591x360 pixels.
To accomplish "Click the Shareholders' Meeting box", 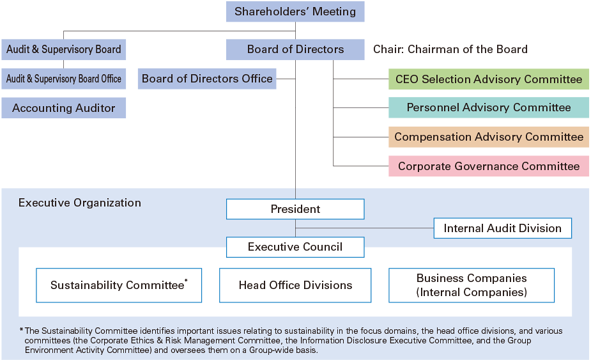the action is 295,12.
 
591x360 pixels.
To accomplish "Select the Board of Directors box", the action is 295,49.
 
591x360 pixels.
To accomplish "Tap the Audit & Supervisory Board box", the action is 63,49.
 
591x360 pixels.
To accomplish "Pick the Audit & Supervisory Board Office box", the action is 63,79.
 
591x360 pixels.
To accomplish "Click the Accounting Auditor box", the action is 63,108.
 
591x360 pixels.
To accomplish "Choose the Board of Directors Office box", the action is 207,79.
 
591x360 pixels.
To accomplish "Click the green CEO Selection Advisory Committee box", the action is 489,79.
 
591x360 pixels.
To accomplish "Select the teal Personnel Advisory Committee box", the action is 489,107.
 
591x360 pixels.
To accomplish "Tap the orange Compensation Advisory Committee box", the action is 489,137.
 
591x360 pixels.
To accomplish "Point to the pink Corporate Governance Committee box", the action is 489,166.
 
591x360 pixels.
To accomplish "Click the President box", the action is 295,209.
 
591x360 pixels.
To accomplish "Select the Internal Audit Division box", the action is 502,228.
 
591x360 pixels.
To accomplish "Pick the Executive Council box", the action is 295,247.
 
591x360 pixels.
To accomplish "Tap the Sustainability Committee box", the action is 119,285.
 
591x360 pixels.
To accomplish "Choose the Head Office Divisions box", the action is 295,285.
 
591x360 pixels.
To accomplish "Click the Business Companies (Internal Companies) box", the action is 472,285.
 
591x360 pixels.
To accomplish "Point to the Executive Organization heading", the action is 80,203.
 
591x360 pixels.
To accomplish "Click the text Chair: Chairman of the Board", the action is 450,49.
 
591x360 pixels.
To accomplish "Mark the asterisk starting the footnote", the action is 21,330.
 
